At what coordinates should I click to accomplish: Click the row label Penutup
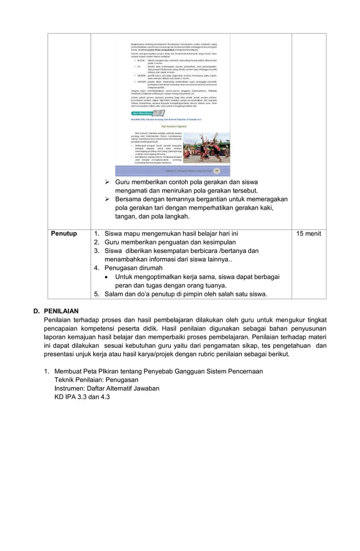(x=64, y=233)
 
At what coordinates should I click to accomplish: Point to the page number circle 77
(x=216, y=169)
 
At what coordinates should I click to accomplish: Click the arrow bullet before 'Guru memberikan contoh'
(x=108, y=183)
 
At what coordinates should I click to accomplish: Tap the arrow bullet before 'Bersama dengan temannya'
(x=108, y=199)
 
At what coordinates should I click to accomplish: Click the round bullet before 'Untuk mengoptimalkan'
(x=108, y=277)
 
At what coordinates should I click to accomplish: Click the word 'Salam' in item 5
(x=115, y=294)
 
